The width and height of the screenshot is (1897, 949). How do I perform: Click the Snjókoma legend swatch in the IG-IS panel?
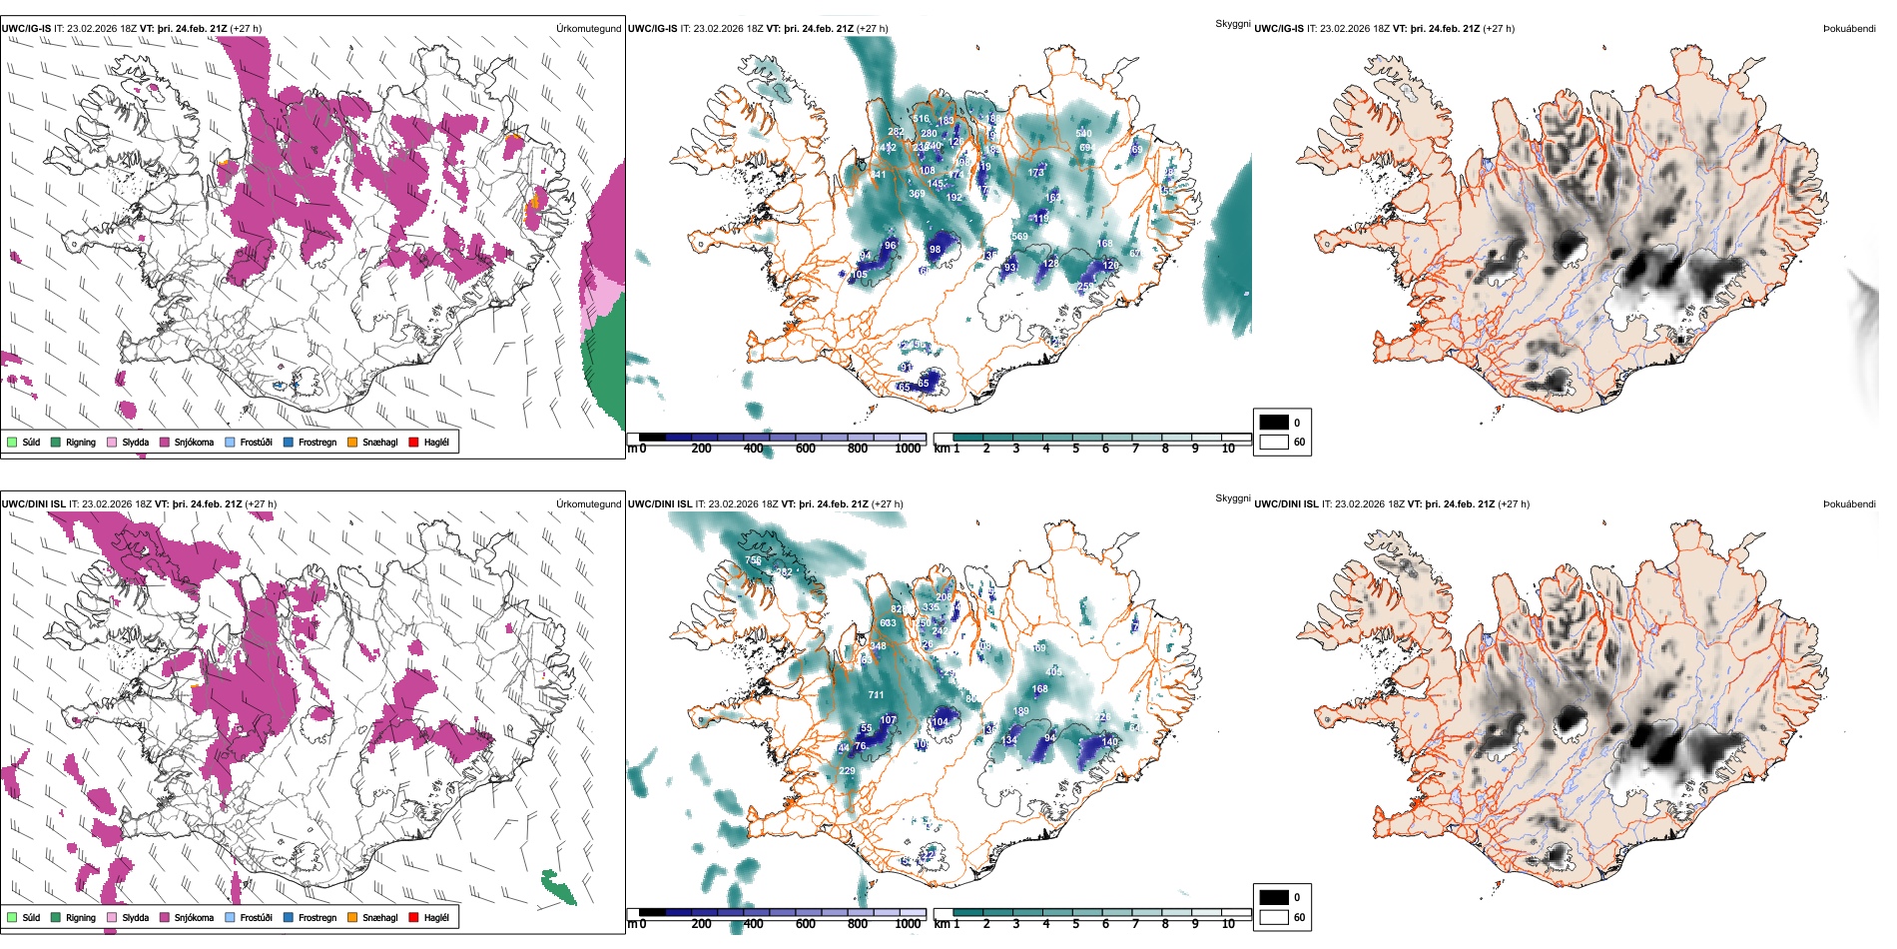165,442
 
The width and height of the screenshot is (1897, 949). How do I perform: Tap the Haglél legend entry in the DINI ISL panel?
414,917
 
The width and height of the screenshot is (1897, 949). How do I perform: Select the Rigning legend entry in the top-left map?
57,442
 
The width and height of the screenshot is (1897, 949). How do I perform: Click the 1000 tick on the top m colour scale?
908,449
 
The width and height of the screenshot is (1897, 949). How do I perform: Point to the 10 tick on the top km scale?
1228,449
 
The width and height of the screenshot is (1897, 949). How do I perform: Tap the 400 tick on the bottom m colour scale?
753,924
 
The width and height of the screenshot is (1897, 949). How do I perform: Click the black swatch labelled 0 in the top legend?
1274,423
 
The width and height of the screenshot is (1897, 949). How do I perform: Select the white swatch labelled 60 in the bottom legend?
1274,917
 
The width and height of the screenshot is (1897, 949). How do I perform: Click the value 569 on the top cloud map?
1019,237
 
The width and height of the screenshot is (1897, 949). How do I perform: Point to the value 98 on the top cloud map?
935,250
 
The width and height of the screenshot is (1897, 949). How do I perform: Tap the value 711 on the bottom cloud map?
876,695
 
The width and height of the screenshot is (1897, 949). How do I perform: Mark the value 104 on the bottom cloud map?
940,722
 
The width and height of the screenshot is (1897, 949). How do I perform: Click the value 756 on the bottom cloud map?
753,560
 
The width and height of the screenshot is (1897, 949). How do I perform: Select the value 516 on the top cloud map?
921,119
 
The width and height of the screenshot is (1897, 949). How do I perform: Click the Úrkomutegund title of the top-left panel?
588,29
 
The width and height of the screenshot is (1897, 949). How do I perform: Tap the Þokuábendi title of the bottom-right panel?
1849,504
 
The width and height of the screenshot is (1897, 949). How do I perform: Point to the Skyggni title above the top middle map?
1232,23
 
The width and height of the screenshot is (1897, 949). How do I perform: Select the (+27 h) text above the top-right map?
1499,29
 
